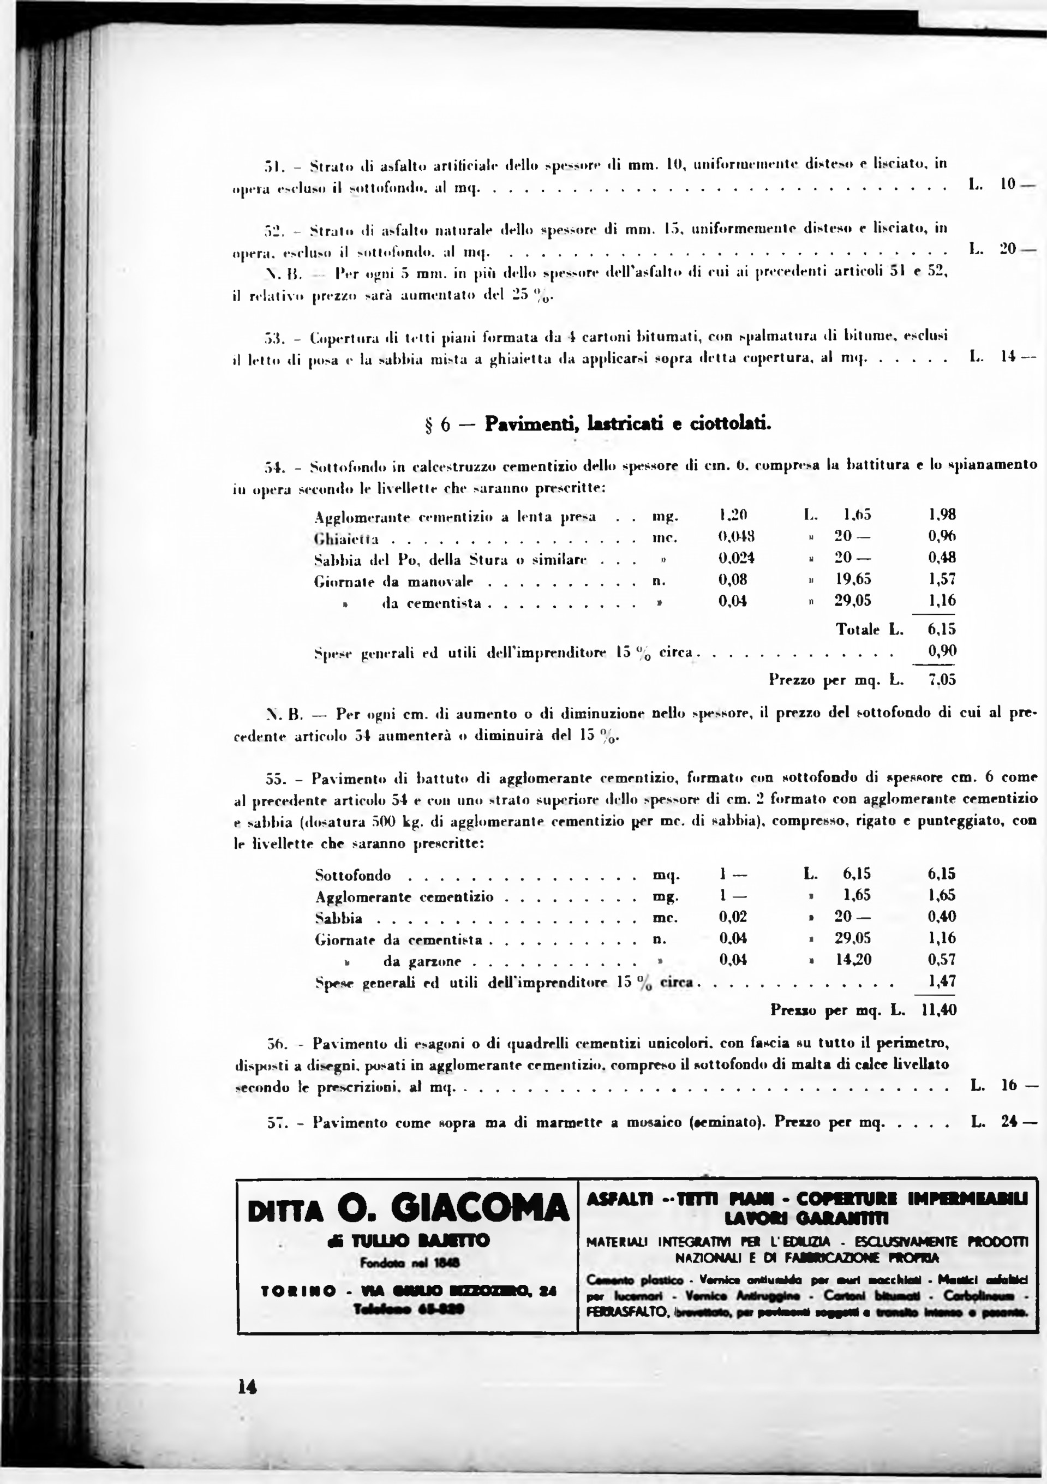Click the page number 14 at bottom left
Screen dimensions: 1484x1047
pos(248,1386)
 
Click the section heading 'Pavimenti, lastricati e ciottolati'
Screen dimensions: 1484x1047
pos(627,424)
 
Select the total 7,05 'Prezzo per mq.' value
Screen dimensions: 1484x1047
pos(942,680)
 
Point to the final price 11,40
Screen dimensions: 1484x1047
pos(939,1009)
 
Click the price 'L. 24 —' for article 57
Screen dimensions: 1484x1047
pos(1003,1122)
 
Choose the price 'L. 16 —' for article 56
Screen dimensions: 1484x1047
pos(1003,1085)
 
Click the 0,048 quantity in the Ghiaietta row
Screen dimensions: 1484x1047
pos(737,536)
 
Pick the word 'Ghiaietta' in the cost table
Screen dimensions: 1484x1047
pos(346,539)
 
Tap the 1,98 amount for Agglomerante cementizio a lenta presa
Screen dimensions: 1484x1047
pos(942,514)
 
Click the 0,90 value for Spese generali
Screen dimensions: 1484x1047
pos(942,651)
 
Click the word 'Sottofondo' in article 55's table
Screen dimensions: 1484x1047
pos(353,876)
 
